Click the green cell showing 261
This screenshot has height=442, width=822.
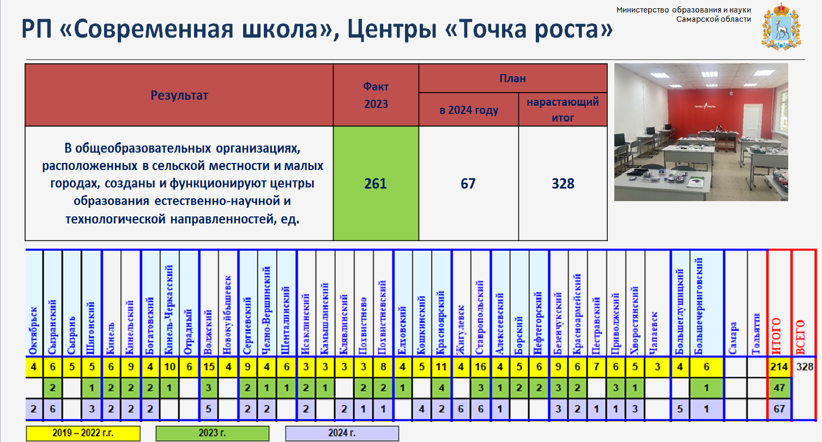click(376, 184)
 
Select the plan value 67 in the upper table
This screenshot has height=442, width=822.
click(468, 184)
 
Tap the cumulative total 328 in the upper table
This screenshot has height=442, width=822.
click(563, 184)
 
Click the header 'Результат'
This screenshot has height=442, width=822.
click(179, 95)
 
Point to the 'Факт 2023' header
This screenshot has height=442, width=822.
click(376, 95)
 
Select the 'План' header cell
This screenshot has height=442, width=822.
click(512, 78)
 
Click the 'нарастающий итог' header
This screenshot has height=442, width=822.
click(563, 110)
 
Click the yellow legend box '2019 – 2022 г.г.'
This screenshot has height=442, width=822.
click(83, 433)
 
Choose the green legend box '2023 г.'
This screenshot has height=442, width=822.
click(213, 433)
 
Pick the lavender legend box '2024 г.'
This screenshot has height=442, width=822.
click(342, 433)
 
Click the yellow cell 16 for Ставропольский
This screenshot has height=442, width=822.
click(480, 367)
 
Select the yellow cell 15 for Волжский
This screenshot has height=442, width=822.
click(209, 367)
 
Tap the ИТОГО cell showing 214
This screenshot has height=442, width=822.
click(779, 367)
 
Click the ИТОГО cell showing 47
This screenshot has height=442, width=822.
click(779, 387)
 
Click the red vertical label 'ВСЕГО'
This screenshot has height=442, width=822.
click(801, 337)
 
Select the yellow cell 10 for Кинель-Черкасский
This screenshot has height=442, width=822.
click(170, 367)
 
